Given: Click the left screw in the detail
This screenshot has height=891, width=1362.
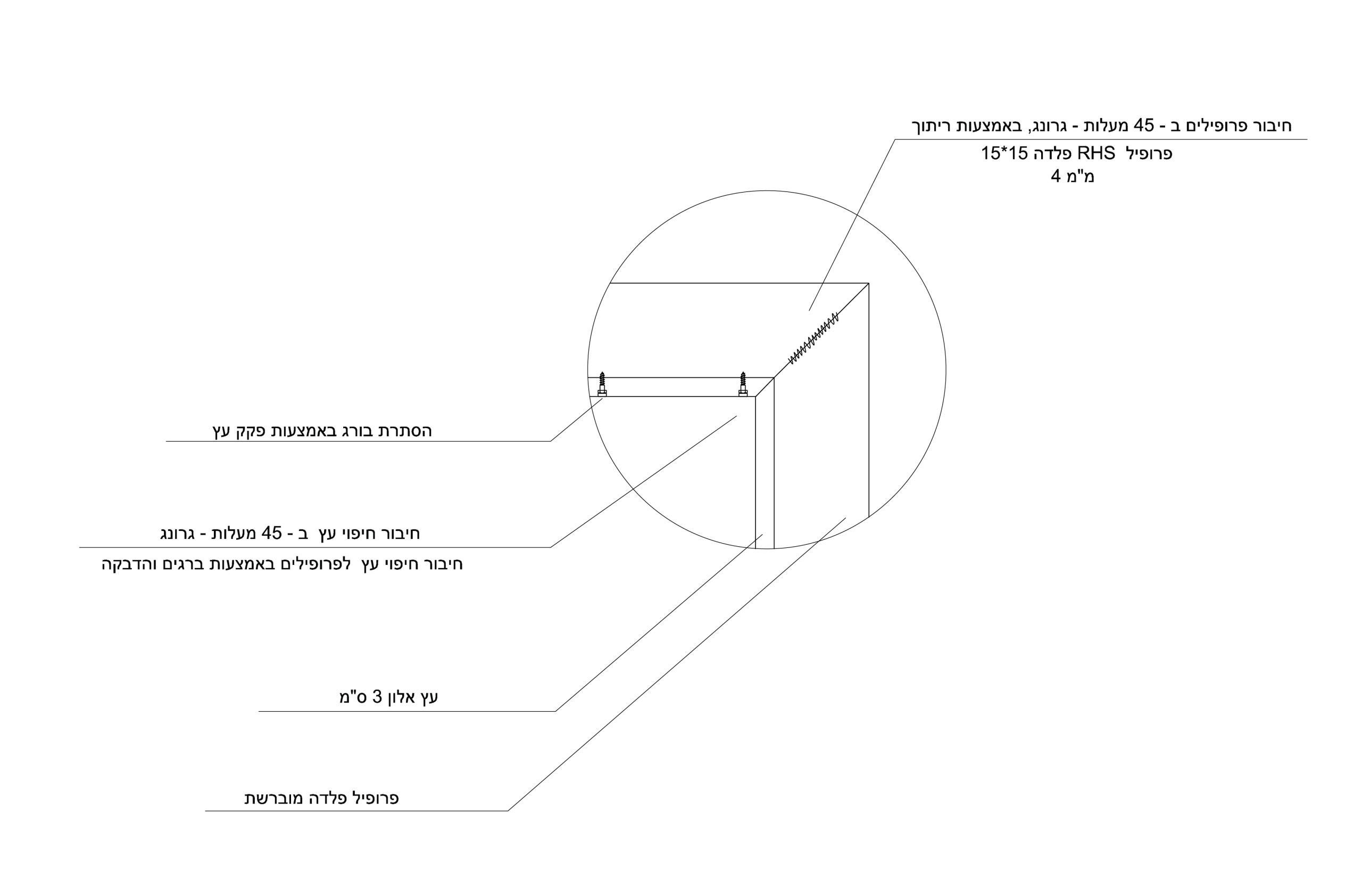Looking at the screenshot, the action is [x=602, y=384].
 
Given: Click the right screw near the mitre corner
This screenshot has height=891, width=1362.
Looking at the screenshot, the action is [x=743, y=384].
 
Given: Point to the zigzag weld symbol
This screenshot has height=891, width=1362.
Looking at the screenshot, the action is [x=813, y=338].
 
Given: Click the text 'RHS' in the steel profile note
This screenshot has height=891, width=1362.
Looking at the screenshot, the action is [x=1096, y=153].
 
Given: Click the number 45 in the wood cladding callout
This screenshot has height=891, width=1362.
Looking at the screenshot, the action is [x=272, y=533].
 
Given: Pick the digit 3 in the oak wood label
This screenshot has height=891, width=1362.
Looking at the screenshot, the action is [x=377, y=696].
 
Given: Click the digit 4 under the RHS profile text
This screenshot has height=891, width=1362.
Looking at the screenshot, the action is [x=1056, y=176].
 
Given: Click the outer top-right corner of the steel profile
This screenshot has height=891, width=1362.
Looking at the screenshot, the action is [x=869, y=284].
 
